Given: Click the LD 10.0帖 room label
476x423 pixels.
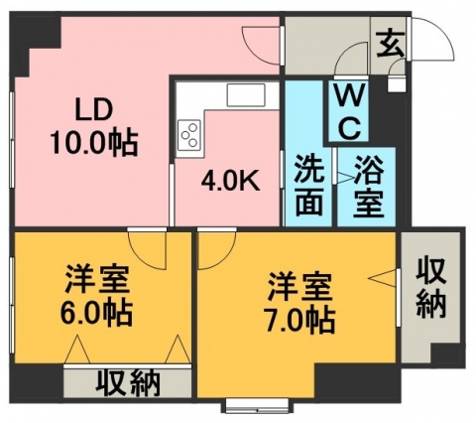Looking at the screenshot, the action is pyautogui.click(x=93, y=127).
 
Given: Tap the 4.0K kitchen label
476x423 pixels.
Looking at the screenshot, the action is pyautogui.click(x=231, y=181).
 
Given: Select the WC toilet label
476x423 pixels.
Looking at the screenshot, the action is pyautogui.click(x=349, y=111).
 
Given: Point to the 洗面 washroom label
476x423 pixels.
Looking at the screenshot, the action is pyautogui.click(x=308, y=186).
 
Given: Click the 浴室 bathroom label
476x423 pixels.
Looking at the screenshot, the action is pyautogui.click(x=369, y=187).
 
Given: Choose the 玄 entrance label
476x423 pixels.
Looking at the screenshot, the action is pyautogui.click(x=392, y=44).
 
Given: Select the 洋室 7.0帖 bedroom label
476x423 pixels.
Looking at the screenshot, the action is pyautogui.click(x=299, y=303).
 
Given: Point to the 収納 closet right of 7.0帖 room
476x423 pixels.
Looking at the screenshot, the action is pyautogui.click(x=430, y=288).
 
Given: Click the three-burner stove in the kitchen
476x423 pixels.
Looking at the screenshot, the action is pyautogui.click(x=189, y=134).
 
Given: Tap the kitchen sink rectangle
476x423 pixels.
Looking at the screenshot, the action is pyautogui.click(x=246, y=95).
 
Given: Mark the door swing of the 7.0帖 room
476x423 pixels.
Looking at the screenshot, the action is pyautogui.click(x=225, y=258).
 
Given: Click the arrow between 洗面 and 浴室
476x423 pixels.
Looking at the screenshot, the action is pyautogui.click(x=345, y=178).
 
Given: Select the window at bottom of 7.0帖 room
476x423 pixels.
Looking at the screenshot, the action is pyautogui.click(x=259, y=405).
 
